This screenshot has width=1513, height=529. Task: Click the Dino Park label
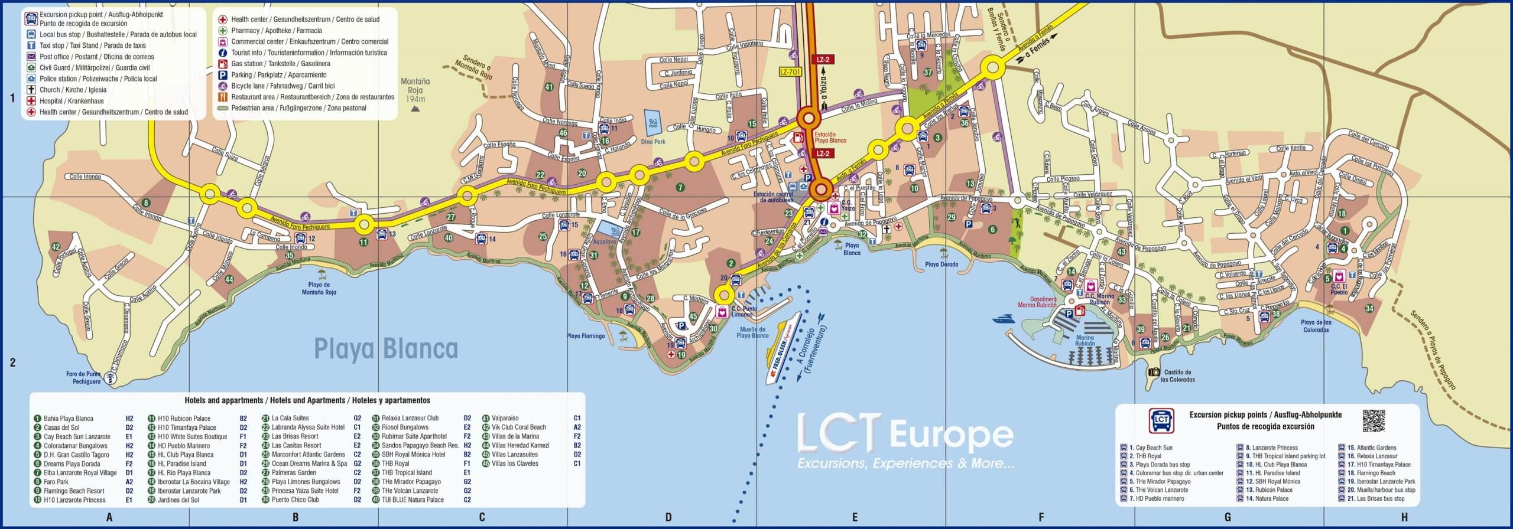coord(652,142)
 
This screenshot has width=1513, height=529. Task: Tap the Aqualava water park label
coord(605,241)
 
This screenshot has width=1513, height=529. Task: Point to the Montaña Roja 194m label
coord(415,90)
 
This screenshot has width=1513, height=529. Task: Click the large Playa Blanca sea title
coord(385,348)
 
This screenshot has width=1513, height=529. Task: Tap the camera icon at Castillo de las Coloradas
coord(1154,372)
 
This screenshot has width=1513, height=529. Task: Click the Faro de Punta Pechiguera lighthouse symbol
coord(109,377)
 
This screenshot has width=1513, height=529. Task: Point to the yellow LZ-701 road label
coord(791,71)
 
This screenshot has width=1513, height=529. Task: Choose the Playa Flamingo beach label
coord(586,336)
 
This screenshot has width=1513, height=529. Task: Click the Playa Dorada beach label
coord(941,264)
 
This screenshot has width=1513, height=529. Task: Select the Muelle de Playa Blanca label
coord(752,332)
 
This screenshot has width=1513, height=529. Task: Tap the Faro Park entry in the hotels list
coord(56,482)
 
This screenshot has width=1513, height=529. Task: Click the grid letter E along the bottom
coord(855,518)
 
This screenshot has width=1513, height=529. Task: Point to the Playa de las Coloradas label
coord(1316,326)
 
